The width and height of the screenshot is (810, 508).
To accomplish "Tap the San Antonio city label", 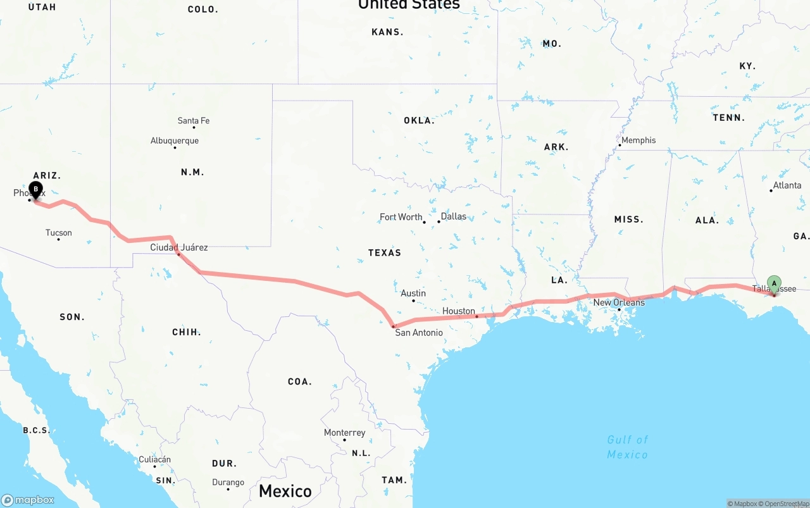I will (418, 333).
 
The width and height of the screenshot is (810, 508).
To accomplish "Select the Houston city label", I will (458, 311).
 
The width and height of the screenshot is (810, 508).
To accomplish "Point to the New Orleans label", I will (618, 302).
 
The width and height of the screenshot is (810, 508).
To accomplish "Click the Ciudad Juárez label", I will (178, 247).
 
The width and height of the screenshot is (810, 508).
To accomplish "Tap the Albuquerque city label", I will (174, 141).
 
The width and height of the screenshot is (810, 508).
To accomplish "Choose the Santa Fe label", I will (193, 121).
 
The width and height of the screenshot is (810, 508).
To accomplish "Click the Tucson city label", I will (58, 233).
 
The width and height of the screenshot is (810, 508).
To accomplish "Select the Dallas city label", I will (453, 216).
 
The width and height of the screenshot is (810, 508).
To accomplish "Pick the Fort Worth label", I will (401, 217).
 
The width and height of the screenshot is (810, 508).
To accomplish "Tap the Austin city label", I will (413, 294).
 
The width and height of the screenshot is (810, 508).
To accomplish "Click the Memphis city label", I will (638, 140).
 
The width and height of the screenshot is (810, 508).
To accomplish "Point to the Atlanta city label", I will (787, 185).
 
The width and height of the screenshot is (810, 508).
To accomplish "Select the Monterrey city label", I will (344, 433).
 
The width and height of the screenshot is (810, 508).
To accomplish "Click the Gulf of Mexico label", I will (627, 447).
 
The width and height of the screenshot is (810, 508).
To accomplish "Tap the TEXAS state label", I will (384, 252).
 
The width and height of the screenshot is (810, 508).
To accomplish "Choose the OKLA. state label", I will (419, 120).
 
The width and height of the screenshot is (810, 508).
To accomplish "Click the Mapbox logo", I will (28, 500).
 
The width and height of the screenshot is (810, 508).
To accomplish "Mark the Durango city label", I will (228, 483).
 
